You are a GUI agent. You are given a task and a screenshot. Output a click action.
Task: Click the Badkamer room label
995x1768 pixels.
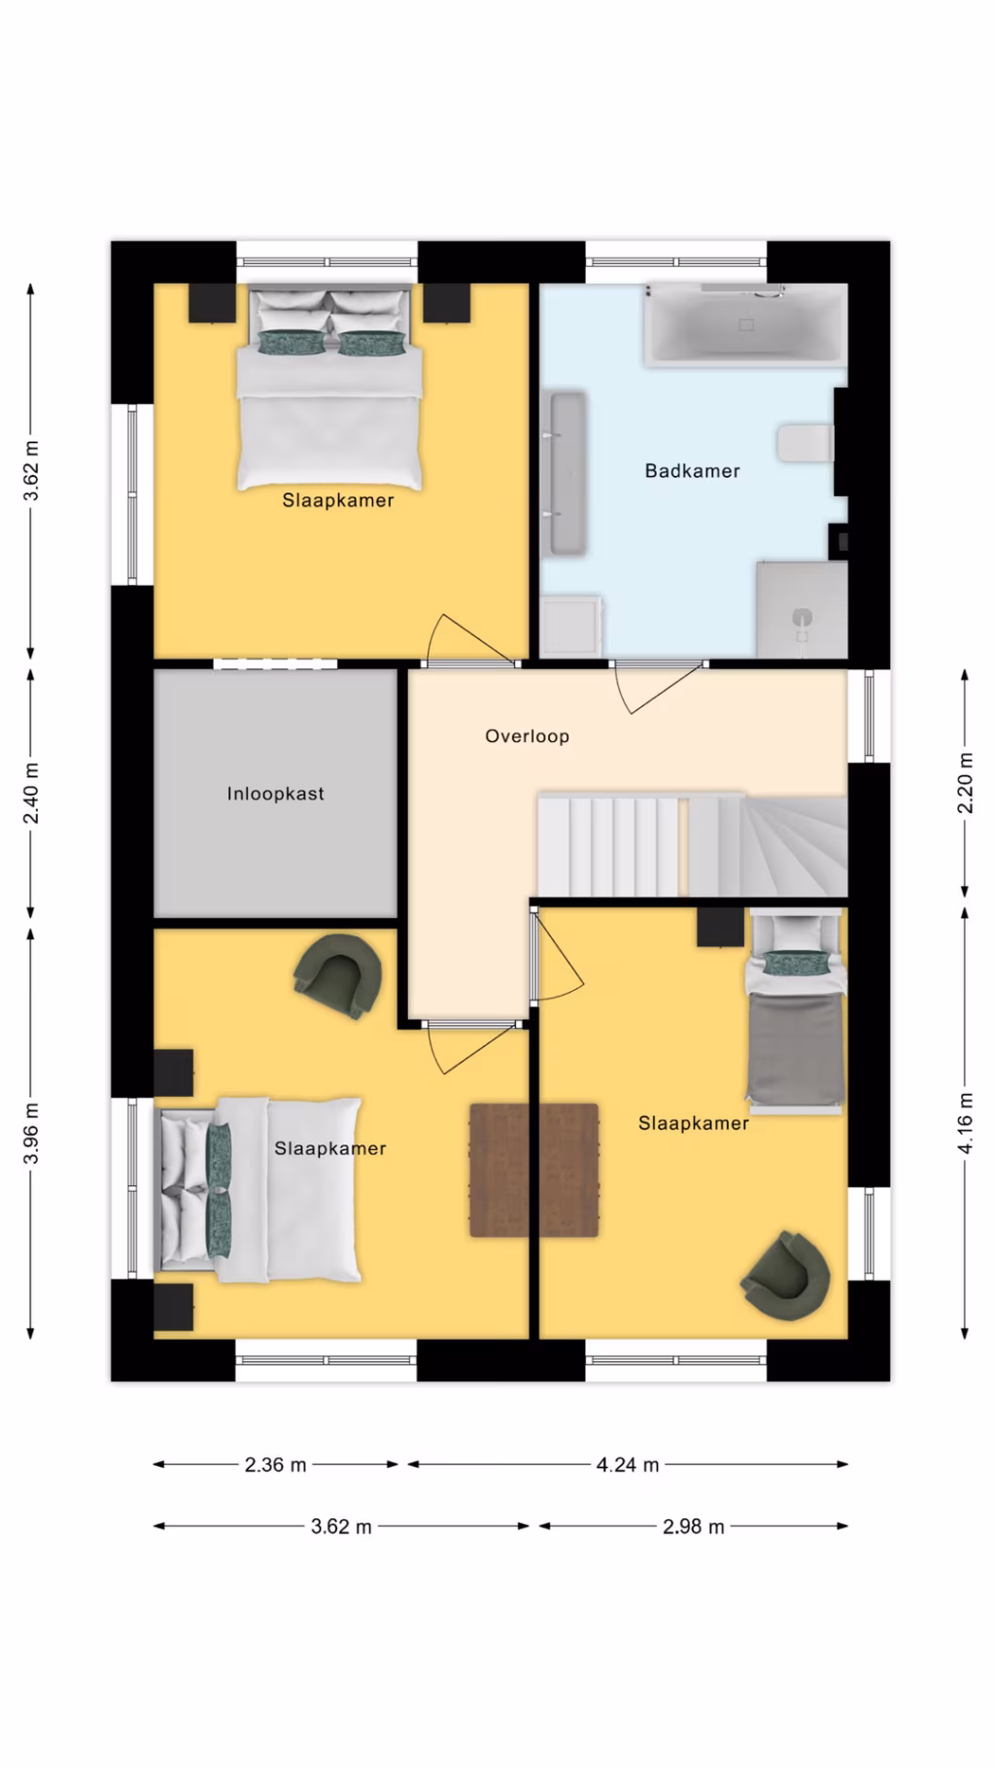pos(692,471)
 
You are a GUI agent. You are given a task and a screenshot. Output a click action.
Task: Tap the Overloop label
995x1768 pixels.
pos(528,736)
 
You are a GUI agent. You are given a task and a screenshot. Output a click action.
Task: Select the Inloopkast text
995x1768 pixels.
pos(276,794)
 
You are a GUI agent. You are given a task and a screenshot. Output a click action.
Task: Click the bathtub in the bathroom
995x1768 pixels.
pos(745,324)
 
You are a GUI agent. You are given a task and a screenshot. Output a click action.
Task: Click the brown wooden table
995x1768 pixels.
pos(533,1170)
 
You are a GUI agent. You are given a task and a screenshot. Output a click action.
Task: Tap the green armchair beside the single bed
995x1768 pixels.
pos(785,1275)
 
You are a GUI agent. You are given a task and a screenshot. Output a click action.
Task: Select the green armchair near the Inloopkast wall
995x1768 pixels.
pos(337,976)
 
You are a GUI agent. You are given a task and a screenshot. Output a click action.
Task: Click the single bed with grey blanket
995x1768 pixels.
pos(795,1010)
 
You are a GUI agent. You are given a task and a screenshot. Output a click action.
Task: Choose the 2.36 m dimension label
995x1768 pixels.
pos(276,1465)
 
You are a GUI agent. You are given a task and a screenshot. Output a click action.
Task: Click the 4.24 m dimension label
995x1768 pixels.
pos(628,1465)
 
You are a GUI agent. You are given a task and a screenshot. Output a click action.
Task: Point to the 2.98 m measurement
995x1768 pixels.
pos(694,1526)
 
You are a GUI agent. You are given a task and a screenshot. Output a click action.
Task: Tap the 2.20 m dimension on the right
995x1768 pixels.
pos(965,783)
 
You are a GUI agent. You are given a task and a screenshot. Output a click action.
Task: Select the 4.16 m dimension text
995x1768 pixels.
pos(965,1123)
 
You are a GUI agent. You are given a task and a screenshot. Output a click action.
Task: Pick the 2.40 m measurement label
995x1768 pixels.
pos(31,793)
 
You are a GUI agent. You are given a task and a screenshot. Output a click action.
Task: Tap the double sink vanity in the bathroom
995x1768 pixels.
pos(565,473)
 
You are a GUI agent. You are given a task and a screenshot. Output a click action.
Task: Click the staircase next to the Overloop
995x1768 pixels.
pos(692,844)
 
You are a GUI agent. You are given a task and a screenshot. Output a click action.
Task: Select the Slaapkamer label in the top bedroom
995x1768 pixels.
pos(338,500)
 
